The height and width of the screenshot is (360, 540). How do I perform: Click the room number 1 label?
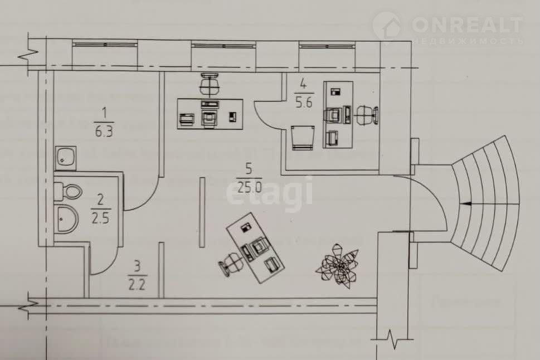click(103, 114)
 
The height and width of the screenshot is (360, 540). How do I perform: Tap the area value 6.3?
click(103, 132)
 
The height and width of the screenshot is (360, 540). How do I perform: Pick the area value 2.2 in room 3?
click(137, 286)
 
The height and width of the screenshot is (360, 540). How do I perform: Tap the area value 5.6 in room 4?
click(304, 102)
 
